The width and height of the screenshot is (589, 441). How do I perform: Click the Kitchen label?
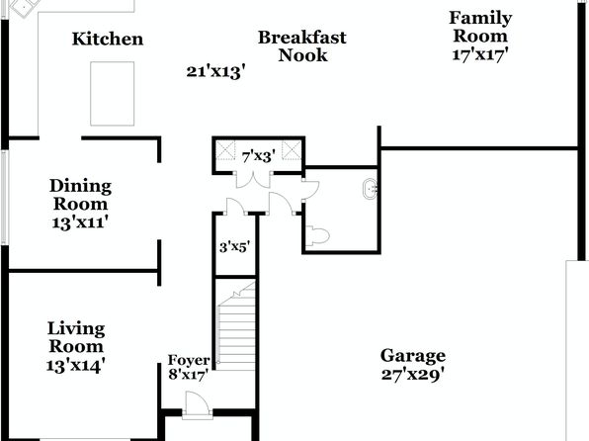pos(108,39)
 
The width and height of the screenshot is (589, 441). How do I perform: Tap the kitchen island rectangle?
pos(113,94)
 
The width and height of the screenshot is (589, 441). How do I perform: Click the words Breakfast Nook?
pos(302,46)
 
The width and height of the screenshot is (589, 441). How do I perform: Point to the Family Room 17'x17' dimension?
pos(480,55)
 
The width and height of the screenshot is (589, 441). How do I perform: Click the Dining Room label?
pos(81,195)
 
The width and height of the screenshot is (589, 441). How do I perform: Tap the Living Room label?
pos(76,337)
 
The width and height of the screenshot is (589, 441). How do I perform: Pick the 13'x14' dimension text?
pos(75,366)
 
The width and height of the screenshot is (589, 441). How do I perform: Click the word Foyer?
pos(189,360)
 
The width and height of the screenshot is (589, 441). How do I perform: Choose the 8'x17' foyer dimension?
pos(188,375)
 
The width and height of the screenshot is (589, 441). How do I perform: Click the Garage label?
pos(413,356)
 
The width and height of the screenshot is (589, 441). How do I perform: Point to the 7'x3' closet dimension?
pos(259,157)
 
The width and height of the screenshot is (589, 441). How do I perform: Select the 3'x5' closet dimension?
pos(235,247)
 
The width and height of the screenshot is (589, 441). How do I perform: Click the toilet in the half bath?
pos(317,236)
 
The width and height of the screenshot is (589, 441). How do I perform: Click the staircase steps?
pos(236,325)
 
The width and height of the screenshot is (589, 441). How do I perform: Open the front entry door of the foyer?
pos(197,404)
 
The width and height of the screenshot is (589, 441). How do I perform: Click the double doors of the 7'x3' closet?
pos(254,179)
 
